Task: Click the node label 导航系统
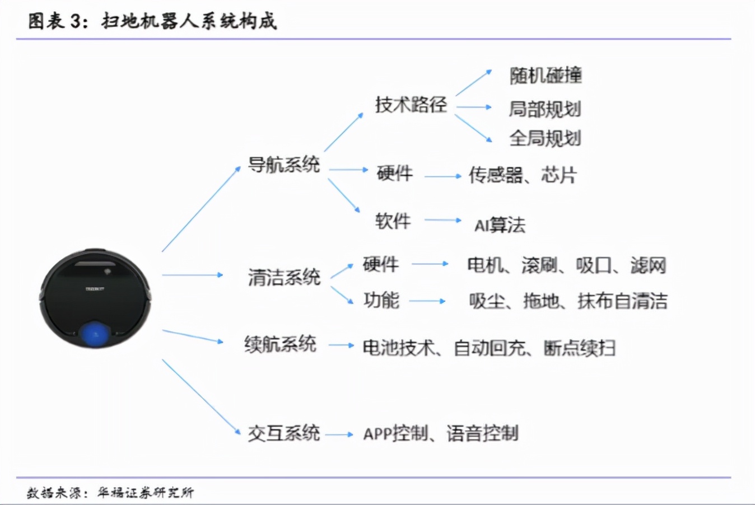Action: pos(284,165)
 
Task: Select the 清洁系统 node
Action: pos(284,277)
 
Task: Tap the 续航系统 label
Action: pos(280,344)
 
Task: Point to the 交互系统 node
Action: pos(284,433)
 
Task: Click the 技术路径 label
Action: pos(411,104)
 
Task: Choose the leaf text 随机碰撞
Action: pos(546,75)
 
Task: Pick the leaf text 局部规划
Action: pos(544,109)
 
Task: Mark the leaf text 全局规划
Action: pos(544,138)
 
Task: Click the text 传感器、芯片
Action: pos(522,175)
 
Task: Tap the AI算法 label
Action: pos(500,225)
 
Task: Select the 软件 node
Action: pos(393,221)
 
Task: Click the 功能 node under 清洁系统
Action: pos(381,301)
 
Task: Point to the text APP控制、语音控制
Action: pos(441,433)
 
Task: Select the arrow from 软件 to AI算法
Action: pos(442,220)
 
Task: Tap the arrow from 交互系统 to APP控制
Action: pos(339,434)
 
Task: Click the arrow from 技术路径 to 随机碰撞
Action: pos(473,83)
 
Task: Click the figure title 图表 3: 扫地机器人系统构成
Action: pos(152,21)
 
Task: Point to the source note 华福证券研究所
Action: pos(146,493)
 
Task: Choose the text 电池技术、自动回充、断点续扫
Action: pos(489,348)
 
